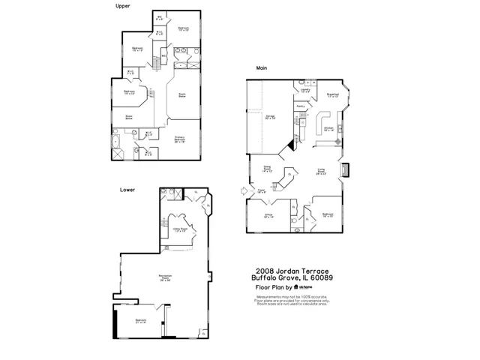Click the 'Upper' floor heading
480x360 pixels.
pos(122,5)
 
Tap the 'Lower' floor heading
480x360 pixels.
pos(127,190)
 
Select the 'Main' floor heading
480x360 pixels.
pos(262,68)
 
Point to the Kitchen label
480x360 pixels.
pos(328,128)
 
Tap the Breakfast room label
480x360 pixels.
pos(334,95)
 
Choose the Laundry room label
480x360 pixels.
pos(304,91)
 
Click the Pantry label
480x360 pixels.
pos(300,106)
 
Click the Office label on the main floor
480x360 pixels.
pos(269,214)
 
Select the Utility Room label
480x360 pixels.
pos(180,230)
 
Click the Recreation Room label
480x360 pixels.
pos(165,278)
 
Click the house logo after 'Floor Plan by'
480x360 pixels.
pos(297,286)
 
